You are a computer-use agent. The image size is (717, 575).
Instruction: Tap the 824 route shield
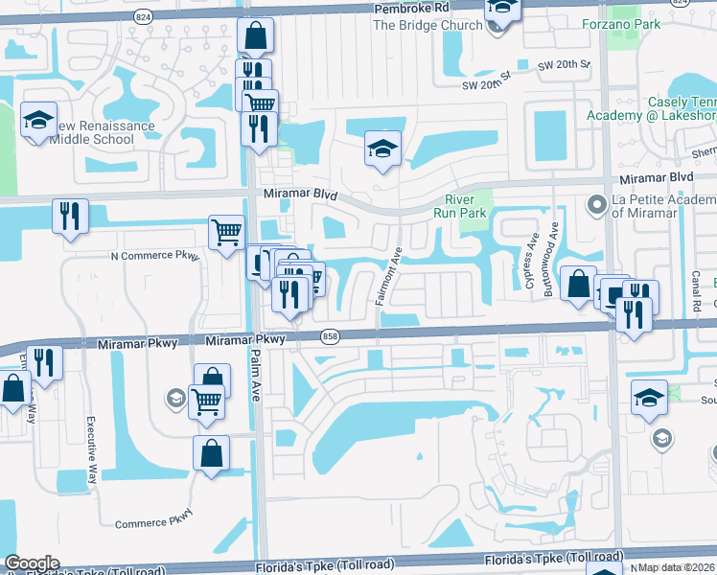coord(143,17)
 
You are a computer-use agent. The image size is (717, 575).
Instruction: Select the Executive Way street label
coord(93,448)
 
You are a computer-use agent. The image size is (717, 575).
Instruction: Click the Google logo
coord(32,563)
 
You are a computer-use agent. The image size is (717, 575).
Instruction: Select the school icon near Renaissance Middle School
coord(39,120)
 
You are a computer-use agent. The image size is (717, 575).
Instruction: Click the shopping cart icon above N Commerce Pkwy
coord(226,231)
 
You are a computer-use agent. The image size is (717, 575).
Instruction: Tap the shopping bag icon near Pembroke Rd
coord(255,35)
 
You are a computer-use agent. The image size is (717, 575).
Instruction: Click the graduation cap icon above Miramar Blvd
coord(382,149)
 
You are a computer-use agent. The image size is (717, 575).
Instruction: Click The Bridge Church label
coord(428,25)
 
